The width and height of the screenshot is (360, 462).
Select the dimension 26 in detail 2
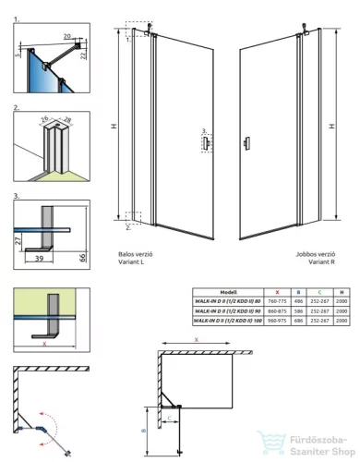click(x=43, y=118)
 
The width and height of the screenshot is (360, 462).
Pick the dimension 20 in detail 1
click(x=66, y=36)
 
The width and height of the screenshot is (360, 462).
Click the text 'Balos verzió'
click(x=137, y=252)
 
